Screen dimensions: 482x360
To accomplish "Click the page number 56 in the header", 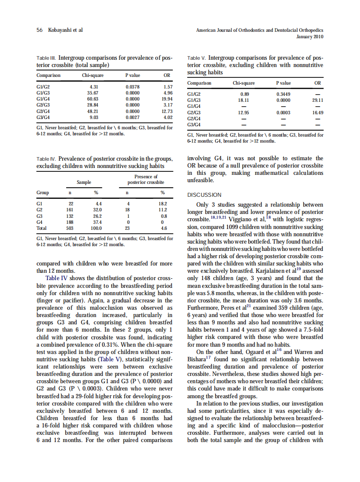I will coord(39,30).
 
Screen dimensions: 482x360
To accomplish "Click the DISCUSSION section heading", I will coord(204,195).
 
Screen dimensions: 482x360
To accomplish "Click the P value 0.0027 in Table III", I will coord(132,116).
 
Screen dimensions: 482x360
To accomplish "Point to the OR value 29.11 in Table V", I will coord(317,100).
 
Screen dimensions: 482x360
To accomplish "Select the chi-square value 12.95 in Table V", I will coord(244,113).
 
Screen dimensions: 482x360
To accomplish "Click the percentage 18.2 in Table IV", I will coord(163,204).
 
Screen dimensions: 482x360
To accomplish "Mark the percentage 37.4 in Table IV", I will coord(98,222).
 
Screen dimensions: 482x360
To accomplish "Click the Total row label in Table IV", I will coord(42,228).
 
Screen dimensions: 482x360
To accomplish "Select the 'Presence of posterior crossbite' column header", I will coord(146,180).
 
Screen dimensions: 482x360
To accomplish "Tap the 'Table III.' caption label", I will coord(46,58).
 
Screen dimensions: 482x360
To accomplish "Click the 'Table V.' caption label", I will coord(197,58).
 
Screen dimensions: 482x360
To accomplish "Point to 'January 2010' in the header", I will coord(310,37).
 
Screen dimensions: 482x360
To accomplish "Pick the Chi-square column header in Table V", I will coord(244,83).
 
